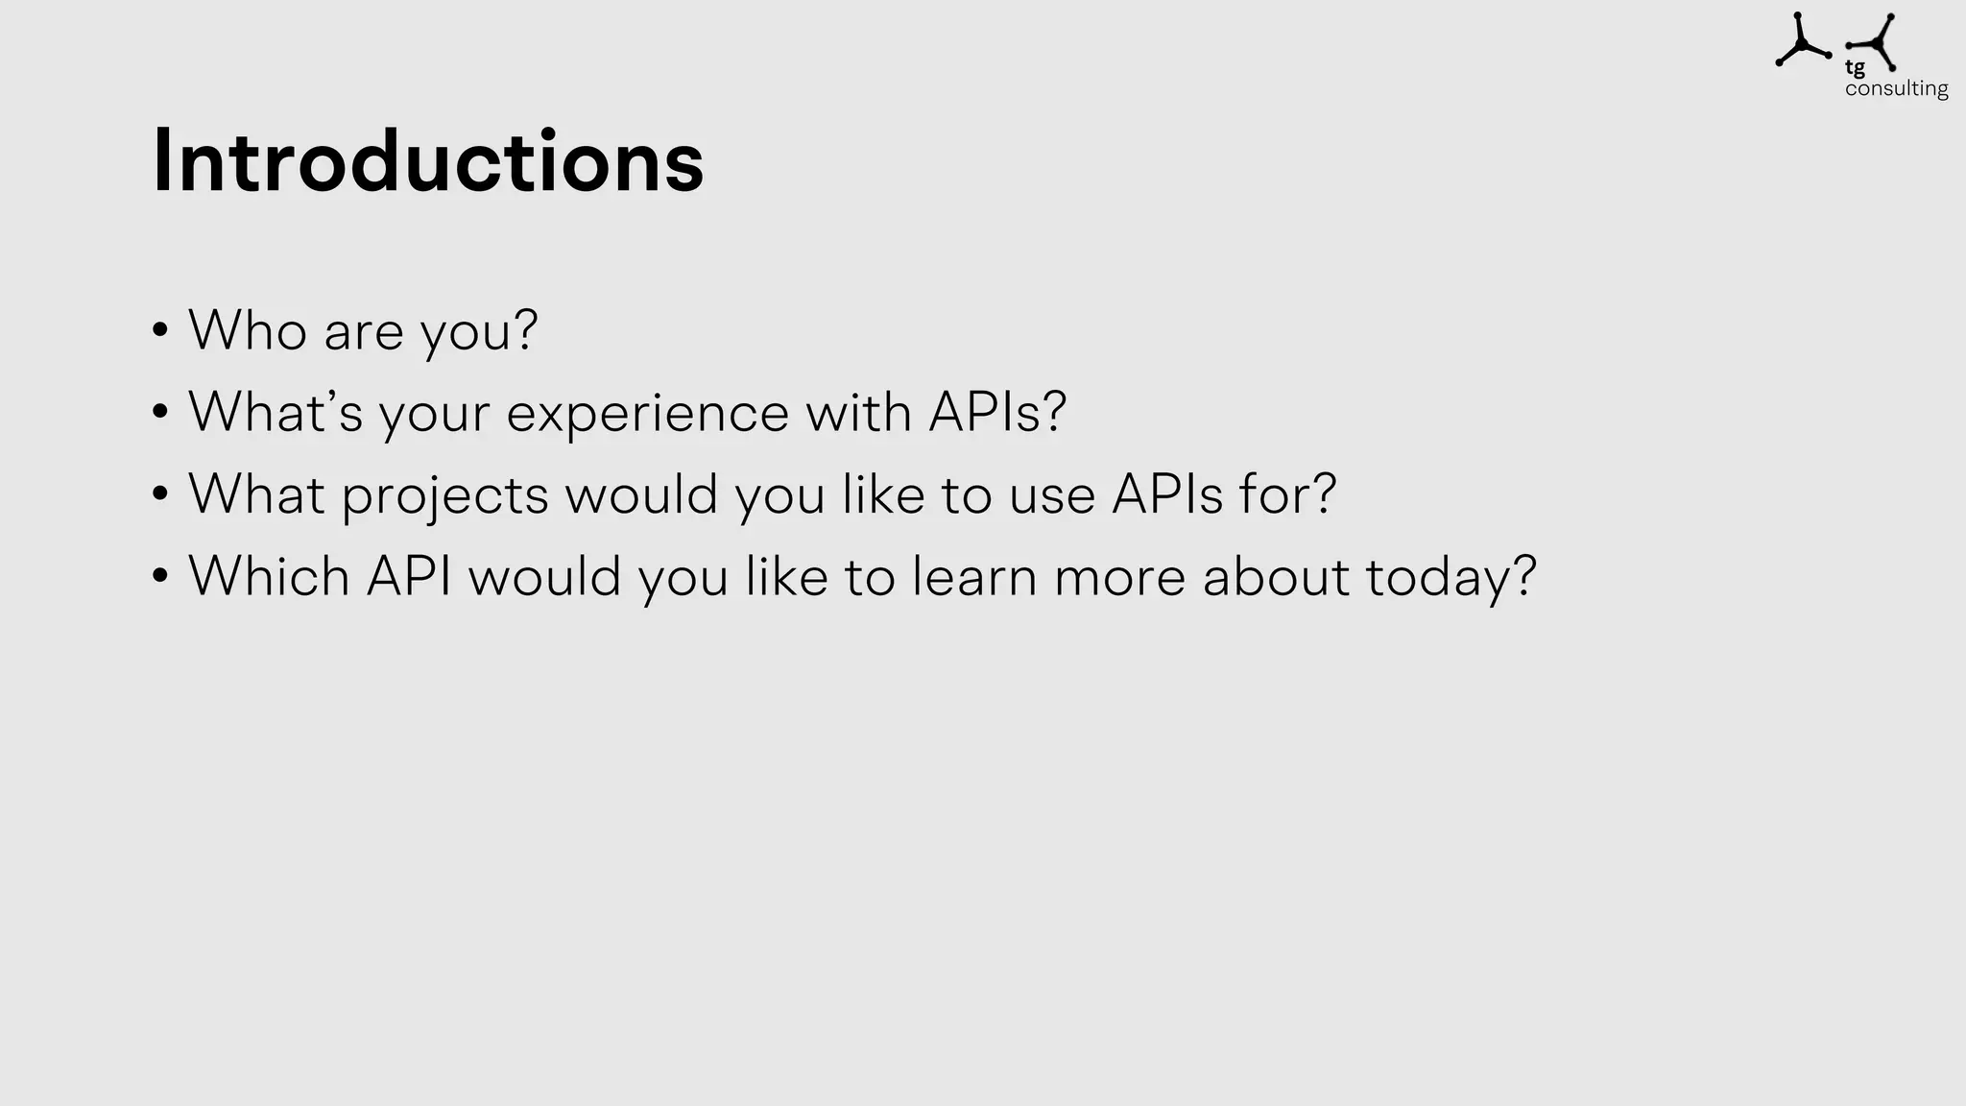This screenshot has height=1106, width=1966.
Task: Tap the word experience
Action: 647,413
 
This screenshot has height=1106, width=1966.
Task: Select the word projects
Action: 444,495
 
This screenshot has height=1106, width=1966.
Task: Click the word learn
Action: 974,577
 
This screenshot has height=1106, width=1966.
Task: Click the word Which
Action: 269,577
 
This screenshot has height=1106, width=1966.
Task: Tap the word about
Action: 1276,577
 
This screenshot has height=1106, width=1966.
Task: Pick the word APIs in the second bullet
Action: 996,413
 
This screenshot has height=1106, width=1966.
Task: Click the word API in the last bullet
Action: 409,577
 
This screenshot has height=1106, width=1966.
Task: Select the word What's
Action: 276,413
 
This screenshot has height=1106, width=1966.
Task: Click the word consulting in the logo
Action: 1896,89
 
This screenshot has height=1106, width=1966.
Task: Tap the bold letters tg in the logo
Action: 1855,68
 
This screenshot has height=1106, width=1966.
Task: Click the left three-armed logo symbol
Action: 1801,42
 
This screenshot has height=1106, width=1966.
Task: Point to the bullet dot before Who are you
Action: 160,331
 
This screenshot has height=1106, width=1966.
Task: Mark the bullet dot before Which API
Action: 160,577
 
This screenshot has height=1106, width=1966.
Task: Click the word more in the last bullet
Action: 1119,577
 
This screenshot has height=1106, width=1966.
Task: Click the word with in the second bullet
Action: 858,413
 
